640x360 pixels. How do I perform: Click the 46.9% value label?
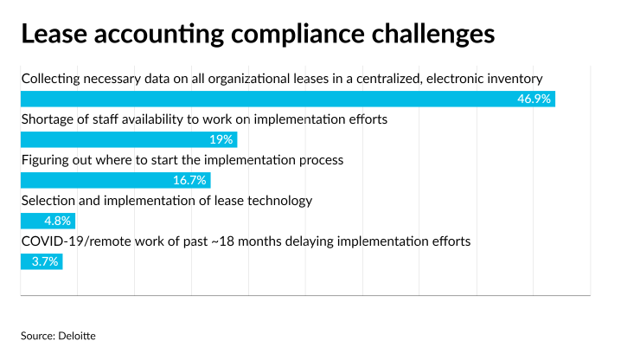coord(534,99)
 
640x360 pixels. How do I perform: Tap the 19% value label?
coord(221,139)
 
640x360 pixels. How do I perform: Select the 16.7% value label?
coord(189,180)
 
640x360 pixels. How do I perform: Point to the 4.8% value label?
coord(58,221)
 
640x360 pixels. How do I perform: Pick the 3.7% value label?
coord(45,261)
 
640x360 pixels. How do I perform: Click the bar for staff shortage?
coord(129,139)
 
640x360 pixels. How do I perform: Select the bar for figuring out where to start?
coord(116,180)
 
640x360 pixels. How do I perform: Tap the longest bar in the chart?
coord(288,99)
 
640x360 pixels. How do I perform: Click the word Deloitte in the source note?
coord(77,336)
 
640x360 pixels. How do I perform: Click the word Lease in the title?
coord(54,34)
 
